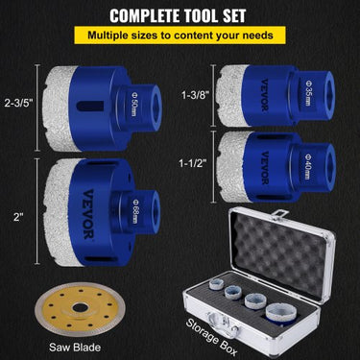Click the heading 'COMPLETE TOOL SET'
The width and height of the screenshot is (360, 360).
(180, 16)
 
